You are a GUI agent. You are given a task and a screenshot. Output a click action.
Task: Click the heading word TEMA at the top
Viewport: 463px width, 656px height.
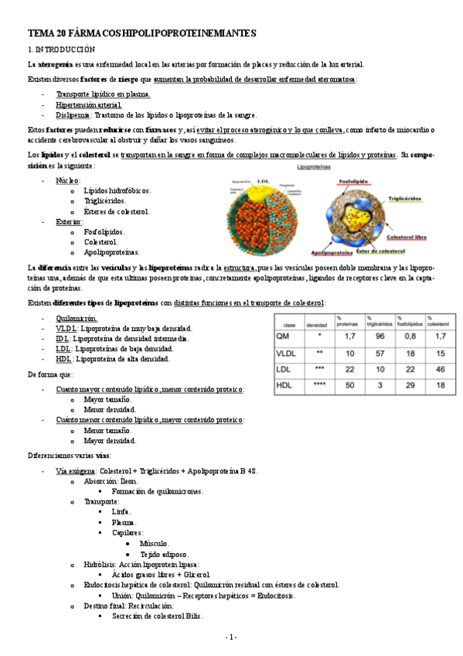point(40,34)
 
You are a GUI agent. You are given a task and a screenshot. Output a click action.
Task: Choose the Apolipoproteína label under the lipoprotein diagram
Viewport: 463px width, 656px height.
point(333,251)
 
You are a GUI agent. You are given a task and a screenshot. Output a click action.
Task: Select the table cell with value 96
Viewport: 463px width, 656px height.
point(380,337)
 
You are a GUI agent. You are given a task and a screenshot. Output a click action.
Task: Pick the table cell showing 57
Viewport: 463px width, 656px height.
point(380,353)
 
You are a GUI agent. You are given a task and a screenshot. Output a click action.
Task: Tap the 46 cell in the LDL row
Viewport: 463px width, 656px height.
point(440,369)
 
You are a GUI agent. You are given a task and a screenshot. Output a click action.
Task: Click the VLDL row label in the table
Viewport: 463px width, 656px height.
point(287,353)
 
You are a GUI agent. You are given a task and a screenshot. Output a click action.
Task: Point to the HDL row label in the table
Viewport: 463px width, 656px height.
point(284,385)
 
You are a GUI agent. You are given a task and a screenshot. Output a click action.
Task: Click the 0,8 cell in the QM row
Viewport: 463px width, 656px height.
point(410,337)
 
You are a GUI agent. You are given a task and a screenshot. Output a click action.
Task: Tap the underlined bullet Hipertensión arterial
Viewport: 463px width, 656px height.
point(88,104)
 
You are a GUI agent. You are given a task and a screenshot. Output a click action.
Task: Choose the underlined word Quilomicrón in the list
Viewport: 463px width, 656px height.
point(77,318)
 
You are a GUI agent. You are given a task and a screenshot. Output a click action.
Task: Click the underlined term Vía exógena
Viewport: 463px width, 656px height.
point(76,470)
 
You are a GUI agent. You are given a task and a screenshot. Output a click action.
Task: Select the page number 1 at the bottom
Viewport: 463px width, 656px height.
point(231,637)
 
